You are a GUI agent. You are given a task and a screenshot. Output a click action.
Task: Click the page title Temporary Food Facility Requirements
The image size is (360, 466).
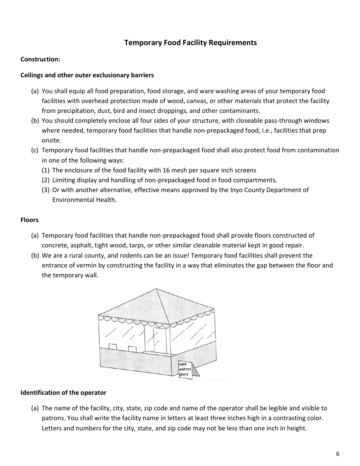pos(190,42)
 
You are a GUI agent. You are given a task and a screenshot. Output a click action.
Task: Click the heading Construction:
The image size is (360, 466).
pos(40,59)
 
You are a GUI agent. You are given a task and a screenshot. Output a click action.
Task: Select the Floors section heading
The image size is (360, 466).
pos(30,220)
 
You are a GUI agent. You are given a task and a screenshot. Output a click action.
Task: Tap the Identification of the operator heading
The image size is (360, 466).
pos(63,393)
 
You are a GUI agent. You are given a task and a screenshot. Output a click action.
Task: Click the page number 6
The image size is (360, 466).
pos(337,454)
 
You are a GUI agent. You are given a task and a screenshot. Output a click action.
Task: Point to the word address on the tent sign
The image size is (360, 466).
pos(185,369)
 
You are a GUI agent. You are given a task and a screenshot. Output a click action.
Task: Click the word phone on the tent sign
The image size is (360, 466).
pos(184,374)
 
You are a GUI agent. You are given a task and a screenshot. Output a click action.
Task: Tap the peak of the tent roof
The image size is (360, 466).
pos(157,289)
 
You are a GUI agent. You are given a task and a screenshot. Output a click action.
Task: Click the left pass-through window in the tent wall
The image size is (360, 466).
pos(113,347)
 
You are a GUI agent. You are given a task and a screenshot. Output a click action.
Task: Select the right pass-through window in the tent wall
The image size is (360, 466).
pos(132,349)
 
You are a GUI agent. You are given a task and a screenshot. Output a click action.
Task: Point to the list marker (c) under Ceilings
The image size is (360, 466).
pos(35,150)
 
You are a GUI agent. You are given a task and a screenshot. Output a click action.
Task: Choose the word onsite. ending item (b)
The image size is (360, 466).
pos(51,140)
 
